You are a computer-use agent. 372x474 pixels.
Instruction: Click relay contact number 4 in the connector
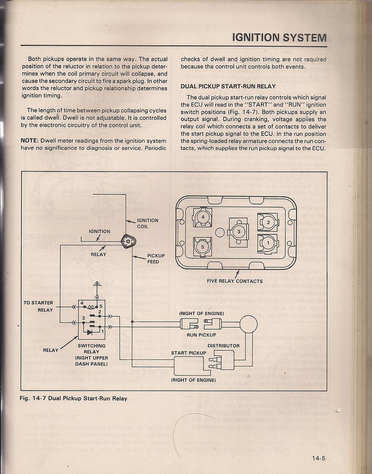(203, 217)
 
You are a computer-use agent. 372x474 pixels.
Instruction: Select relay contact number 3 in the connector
(238, 231)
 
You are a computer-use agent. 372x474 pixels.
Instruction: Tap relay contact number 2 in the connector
(268, 222)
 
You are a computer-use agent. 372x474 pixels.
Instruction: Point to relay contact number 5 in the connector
(203, 247)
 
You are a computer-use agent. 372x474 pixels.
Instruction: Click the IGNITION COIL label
(148, 223)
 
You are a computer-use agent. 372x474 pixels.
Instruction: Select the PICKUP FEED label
(156, 259)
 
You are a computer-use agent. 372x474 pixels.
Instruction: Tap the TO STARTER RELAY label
(38, 306)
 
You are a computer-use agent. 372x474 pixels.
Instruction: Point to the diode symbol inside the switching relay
(90, 332)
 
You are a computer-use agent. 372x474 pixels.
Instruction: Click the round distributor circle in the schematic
(248, 324)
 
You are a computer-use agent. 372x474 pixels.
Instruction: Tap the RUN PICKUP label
(201, 334)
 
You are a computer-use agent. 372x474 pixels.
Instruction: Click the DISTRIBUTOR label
(224, 345)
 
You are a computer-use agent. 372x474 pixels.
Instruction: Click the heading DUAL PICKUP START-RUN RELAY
(228, 86)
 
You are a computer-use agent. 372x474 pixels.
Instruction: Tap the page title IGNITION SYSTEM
(279, 38)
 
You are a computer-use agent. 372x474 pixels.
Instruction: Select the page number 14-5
(316, 459)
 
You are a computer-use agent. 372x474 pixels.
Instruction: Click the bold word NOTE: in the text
(30, 141)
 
